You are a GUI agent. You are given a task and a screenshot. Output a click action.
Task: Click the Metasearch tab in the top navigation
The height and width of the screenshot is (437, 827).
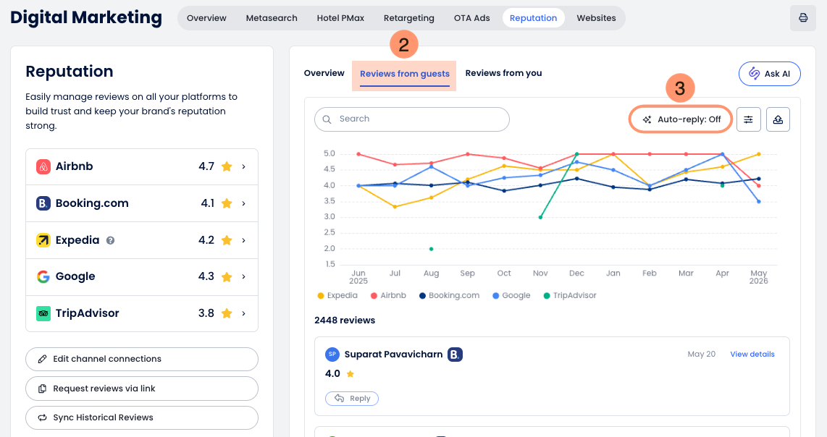click(x=271, y=18)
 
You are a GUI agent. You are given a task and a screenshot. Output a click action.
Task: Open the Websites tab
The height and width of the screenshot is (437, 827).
click(x=596, y=18)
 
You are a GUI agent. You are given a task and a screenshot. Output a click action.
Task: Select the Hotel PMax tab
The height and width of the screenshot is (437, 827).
click(x=340, y=18)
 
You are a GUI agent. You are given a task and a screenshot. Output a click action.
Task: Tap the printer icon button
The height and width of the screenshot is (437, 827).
click(x=802, y=18)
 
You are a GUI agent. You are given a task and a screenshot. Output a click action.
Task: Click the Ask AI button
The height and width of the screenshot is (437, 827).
click(x=770, y=74)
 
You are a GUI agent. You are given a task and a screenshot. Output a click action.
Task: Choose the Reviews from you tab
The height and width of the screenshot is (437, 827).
click(x=503, y=73)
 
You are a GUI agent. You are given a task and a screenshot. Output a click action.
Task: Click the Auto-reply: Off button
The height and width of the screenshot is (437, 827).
click(x=681, y=119)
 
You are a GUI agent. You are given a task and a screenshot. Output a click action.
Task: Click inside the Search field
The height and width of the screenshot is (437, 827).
click(x=412, y=119)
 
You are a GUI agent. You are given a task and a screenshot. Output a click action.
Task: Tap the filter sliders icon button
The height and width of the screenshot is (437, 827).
click(x=748, y=119)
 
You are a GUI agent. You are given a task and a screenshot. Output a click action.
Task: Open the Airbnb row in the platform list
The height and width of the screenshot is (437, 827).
click(x=142, y=166)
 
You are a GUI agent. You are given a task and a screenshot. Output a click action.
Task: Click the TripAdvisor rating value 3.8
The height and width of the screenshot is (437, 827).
click(x=206, y=313)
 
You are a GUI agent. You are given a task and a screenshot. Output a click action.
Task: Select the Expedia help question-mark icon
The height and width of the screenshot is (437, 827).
click(x=110, y=240)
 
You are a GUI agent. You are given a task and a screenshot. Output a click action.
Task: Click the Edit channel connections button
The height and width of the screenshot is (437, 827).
click(x=142, y=359)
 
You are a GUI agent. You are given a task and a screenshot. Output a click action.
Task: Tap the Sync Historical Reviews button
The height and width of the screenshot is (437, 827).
click(x=142, y=417)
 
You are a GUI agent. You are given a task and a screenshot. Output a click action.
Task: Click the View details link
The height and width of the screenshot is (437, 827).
click(x=752, y=355)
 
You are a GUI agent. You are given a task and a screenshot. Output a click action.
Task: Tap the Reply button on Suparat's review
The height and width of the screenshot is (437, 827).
click(x=352, y=399)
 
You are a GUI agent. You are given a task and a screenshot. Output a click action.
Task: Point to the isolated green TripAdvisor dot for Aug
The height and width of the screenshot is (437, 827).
click(x=432, y=249)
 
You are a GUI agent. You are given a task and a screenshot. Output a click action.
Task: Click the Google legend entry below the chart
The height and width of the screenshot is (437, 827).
click(x=511, y=296)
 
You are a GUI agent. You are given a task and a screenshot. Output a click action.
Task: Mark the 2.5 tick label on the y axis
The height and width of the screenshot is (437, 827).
click(x=329, y=232)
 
